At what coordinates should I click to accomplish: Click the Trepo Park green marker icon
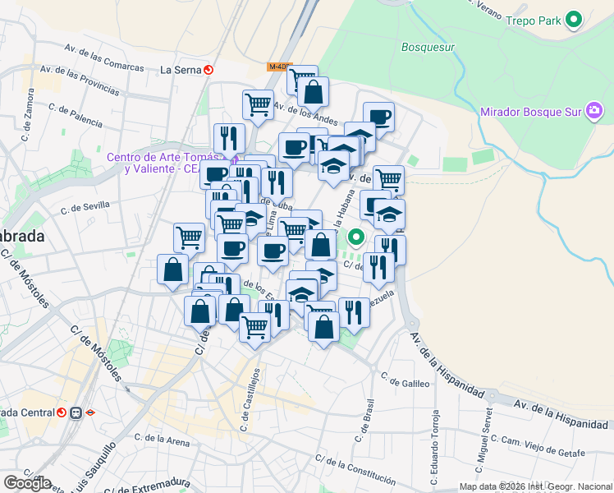tap(574, 20)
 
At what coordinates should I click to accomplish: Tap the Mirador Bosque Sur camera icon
tap(593, 111)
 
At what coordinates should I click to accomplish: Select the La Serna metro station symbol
tap(208, 70)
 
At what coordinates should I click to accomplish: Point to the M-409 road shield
tap(278, 67)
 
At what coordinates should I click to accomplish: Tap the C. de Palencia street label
tap(76, 108)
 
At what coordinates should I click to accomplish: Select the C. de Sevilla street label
tap(85, 210)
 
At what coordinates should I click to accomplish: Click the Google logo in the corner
tap(26, 483)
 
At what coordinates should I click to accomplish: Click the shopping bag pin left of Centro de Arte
tap(173, 270)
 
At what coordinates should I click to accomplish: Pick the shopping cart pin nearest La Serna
tap(258, 104)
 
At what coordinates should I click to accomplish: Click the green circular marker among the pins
tap(355, 238)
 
